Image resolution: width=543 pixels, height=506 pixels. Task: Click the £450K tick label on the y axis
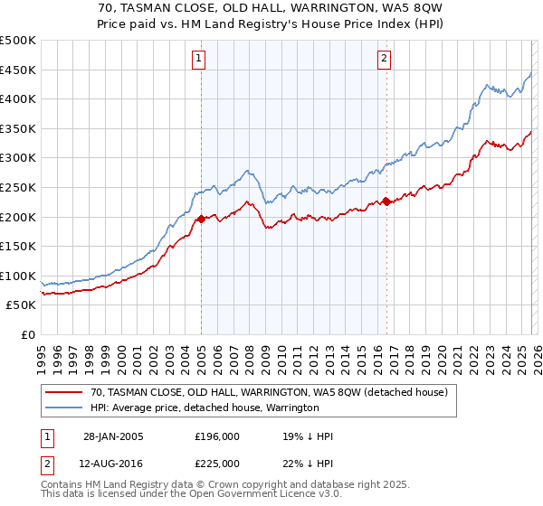click(18, 70)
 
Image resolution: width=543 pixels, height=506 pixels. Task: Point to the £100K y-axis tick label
click(18, 276)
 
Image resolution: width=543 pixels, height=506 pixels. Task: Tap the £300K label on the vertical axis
click(18, 158)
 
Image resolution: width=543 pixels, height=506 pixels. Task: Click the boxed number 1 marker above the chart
click(199, 60)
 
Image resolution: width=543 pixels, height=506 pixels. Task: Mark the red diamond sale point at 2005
click(201, 219)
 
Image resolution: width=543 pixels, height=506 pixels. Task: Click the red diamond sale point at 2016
click(386, 201)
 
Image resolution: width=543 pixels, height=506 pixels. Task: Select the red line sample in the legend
click(64, 393)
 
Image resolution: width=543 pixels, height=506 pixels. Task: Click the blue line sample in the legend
click(64, 408)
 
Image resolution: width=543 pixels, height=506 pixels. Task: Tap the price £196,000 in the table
click(217, 436)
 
